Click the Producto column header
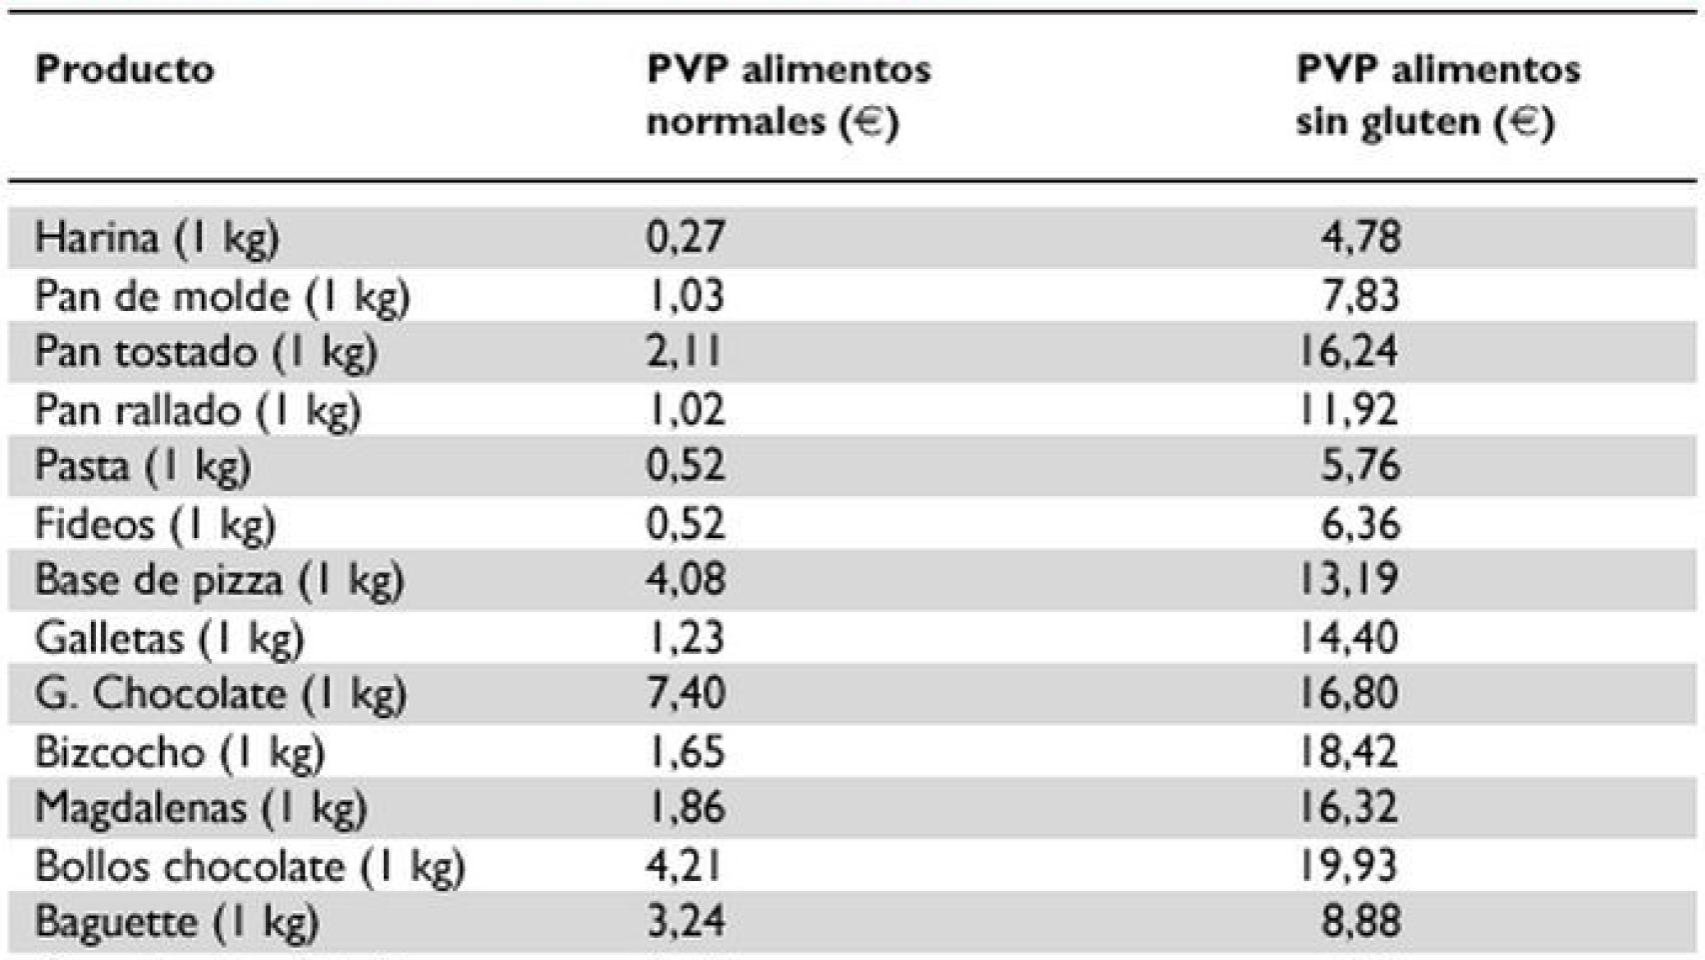pyautogui.click(x=124, y=69)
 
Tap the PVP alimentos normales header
pyautogui.click(x=788, y=95)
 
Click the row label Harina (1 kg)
pyautogui.click(x=156, y=238)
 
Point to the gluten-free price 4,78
pyautogui.click(x=1360, y=238)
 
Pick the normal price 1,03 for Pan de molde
pyautogui.click(x=686, y=296)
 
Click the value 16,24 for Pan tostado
pyautogui.click(x=1347, y=352)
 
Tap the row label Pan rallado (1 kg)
pyautogui.click(x=197, y=410)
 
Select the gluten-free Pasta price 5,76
pyautogui.click(x=1360, y=466)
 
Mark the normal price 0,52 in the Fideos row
pyautogui.click(x=686, y=524)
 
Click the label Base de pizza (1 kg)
pyautogui.click(x=219, y=580)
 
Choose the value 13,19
pyautogui.click(x=1347, y=580)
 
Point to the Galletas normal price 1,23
pyautogui.click(x=686, y=638)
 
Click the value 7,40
pyautogui.click(x=686, y=694)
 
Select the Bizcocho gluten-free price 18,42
pyautogui.click(x=1347, y=752)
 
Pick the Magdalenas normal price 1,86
pyautogui.click(x=686, y=808)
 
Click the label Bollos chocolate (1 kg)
pyautogui.click(x=250, y=866)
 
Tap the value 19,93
pyautogui.click(x=1347, y=866)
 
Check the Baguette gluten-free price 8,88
pyautogui.click(x=1360, y=922)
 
